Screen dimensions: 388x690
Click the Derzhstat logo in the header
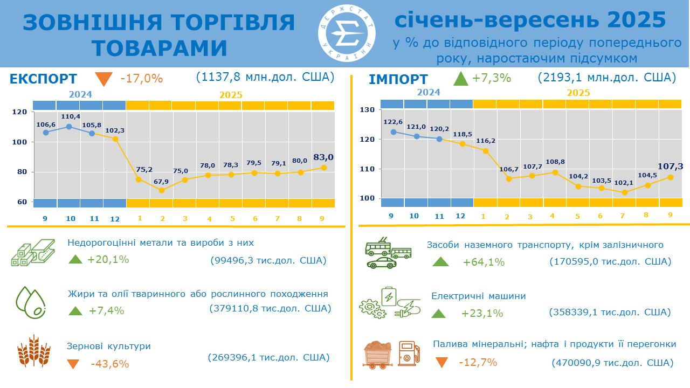(x=347, y=33)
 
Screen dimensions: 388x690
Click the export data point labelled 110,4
(x=69, y=127)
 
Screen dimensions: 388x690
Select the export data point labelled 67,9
(x=162, y=190)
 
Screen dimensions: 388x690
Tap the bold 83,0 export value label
(x=323, y=157)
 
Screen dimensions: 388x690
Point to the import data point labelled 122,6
(x=394, y=132)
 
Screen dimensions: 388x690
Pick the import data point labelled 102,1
(x=625, y=192)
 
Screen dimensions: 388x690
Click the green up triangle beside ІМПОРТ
(x=460, y=79)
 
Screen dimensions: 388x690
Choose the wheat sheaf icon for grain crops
(x=33, y=351)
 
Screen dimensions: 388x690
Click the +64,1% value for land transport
(x=484, y=262)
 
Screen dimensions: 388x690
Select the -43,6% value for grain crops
(x=109, y=364)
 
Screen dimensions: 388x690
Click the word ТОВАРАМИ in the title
(x=159, y=48)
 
